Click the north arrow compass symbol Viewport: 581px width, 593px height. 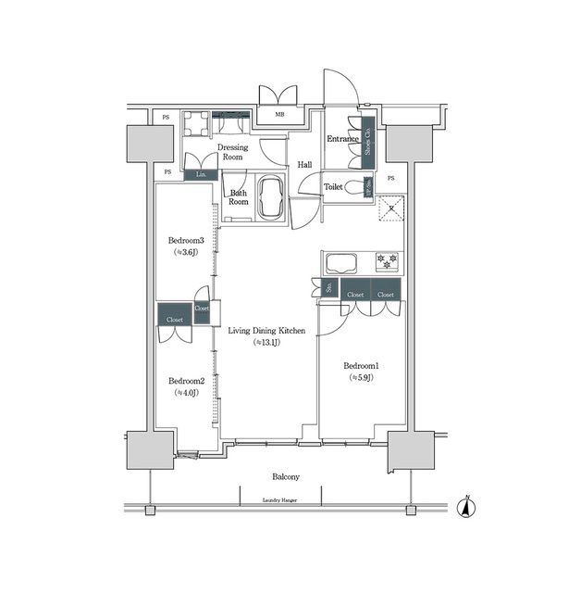point(467,508)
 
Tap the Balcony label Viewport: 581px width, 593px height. point(285,476)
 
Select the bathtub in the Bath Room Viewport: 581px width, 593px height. point(272,198)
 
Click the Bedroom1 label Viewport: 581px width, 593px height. point(363,365)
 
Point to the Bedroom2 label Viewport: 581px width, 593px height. point(186,380)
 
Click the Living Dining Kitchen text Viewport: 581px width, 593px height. point(266,330)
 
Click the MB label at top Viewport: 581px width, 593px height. point(279,116)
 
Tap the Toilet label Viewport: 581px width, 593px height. point(334,186)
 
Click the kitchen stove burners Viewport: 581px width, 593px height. point(387,261)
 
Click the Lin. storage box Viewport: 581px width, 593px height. point(201,173)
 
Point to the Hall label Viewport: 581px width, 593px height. point(304,165)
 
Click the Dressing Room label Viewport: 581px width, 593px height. point(230,152)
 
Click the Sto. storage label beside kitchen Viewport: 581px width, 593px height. point(328,288)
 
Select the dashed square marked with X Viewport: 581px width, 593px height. point(392,207)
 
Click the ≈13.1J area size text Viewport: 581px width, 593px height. point(266,342)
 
